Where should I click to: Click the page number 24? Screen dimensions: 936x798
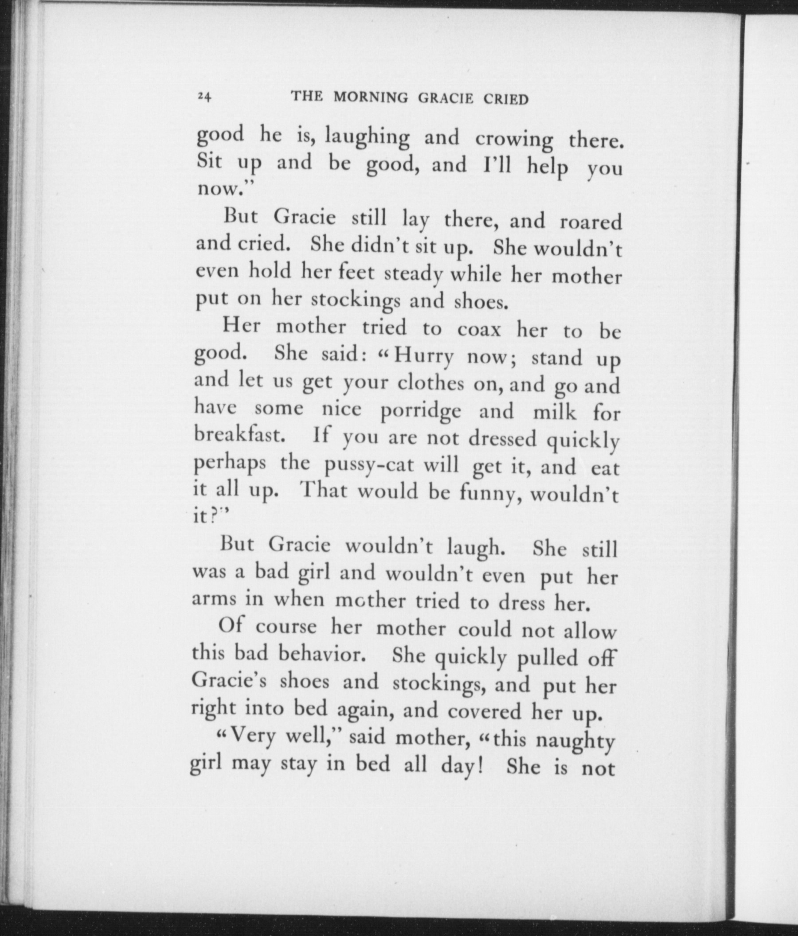[x=204, y=97]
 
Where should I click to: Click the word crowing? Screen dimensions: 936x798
[x=514, y=140]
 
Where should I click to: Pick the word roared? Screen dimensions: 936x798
[x=591, y=222]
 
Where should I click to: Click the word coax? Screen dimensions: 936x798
[x=479, y=330]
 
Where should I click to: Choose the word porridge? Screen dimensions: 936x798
[x=421, y=412]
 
